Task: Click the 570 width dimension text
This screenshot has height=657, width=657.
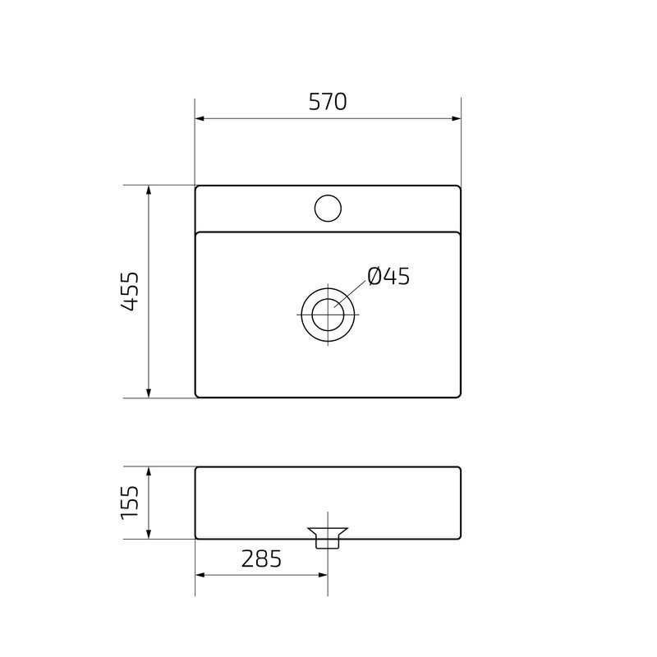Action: (x=328, y=102)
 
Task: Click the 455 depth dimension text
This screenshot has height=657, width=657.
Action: (x=129, y=292)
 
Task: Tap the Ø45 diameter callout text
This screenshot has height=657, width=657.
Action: (x=388, y=277)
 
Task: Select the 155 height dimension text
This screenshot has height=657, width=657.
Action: (x=129, y=503)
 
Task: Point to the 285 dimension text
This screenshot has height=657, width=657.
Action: (x=261, y=558)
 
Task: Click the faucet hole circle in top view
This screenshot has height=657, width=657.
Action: (x=328, y=208)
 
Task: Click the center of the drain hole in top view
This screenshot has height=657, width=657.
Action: (x=328, y=314)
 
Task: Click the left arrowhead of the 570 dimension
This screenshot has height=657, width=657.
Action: (x=200, y=119)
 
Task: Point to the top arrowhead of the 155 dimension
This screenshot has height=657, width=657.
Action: (x=149, y=472)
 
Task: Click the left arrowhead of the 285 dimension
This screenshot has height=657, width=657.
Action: (x=200, y=575)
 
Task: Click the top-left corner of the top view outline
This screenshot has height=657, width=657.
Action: (x=196, y=187)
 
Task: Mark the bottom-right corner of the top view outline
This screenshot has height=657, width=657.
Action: (x=460, y=397)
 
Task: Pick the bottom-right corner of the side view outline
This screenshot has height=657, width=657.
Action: (x=460, y=538)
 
